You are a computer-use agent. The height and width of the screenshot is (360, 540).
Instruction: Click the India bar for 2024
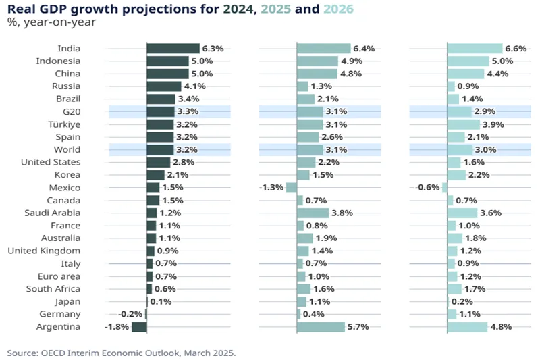click(x=173, y=49)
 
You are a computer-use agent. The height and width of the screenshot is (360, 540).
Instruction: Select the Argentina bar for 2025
click(x=321, y=327)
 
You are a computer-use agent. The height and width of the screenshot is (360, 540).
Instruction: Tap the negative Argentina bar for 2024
click(x=139, y=327)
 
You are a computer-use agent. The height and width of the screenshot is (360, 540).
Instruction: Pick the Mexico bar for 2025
click(x=292, y=188)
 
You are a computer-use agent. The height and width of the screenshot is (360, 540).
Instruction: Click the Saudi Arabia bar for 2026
click(x=462, y=213)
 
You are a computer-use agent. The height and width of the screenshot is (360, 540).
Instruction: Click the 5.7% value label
click(x=359, y=327)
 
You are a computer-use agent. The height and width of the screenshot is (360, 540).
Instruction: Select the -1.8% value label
click(x=117, y=327)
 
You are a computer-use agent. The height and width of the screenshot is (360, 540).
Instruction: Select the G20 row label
click(x=71, y=111)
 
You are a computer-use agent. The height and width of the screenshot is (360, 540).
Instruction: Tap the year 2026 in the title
click(x=338, y=9)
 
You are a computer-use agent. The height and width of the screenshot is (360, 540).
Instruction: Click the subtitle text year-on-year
click(x=58, y=23)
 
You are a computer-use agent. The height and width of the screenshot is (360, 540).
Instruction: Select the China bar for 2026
click(x=466, y=74)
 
